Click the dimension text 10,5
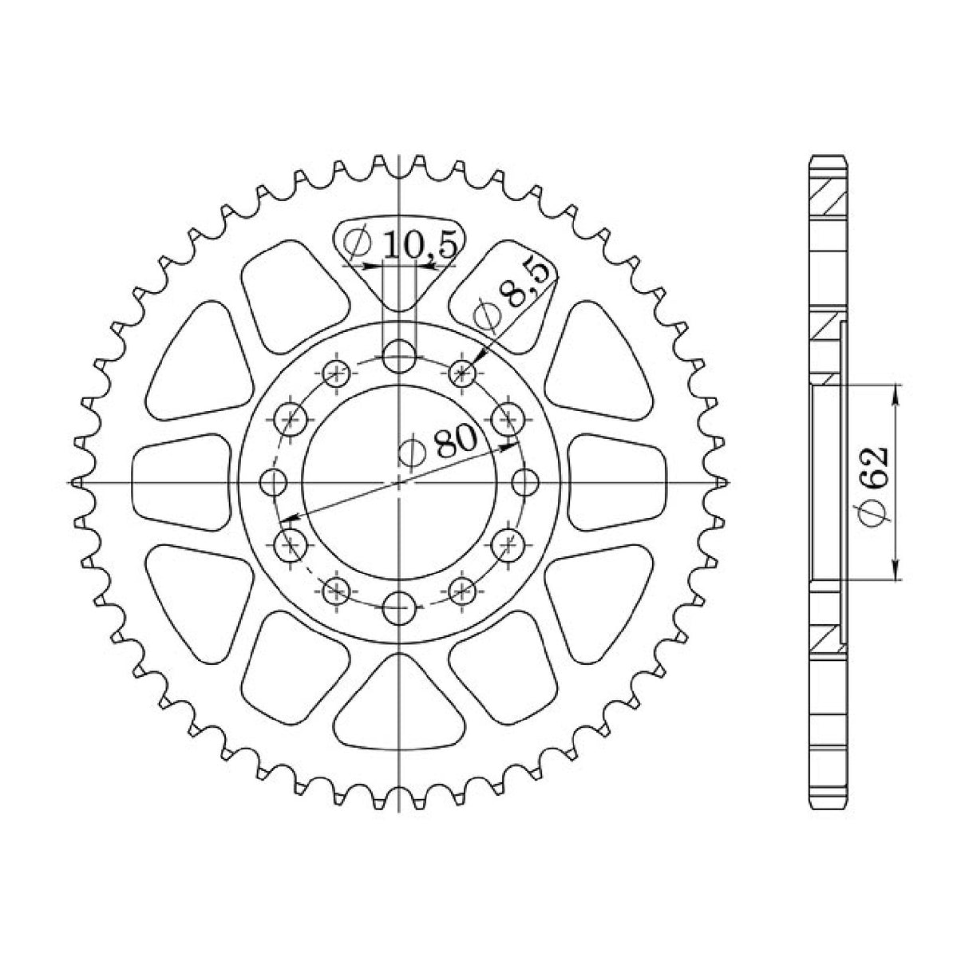[x=420, y=245]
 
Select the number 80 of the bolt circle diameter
[x=455, y=441]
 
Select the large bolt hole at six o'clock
[x=398, y=609]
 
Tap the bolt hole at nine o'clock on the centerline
[x=274, y=482]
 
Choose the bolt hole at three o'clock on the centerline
[x=524, y=482]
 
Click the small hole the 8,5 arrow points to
[x=462, y=371]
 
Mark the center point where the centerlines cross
[x=398, y=482]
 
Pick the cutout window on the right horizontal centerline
[x=617, y=482]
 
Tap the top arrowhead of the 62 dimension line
[x=897, y=392]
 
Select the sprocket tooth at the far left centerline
[x=77, y=482]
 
